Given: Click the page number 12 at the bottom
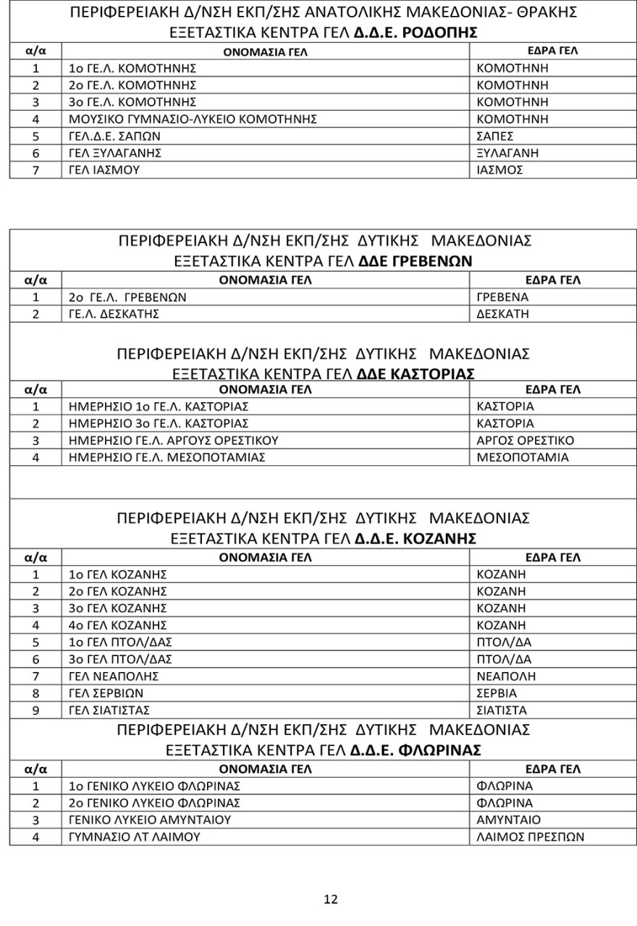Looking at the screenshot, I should pos(330,899).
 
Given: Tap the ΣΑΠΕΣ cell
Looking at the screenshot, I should pos(496,136).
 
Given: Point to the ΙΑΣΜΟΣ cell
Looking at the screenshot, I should pos(499,171).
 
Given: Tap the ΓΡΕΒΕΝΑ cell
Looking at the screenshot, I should pos(503,297).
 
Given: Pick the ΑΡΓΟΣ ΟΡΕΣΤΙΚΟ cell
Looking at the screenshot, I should pos(526,441).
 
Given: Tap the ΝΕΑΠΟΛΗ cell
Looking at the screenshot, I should pos(506,676).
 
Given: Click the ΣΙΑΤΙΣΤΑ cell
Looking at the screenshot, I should pos(502,710).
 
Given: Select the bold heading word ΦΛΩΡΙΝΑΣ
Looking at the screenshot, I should pos(442,750).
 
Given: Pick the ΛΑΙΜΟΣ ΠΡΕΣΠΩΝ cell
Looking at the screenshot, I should pos(531,838).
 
